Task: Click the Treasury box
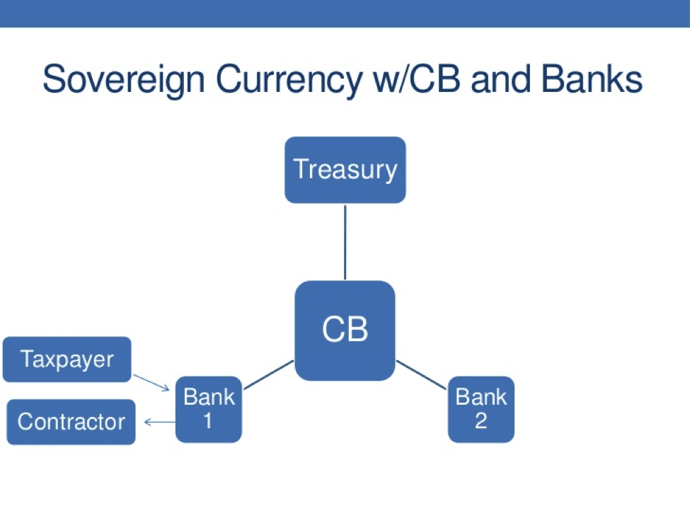(345, 170)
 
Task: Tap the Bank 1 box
(209, 409)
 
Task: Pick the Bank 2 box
(481, 409)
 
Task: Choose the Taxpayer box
(67, 359)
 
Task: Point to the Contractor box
(71, 422)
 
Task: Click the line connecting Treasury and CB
(345, 242)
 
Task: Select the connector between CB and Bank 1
(268, 374)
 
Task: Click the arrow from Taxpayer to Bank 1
(151, 382)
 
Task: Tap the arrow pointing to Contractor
(159, 422)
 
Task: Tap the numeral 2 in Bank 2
(481, 421)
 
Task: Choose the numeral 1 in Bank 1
(208, 421)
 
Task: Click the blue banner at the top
(345, 13)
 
